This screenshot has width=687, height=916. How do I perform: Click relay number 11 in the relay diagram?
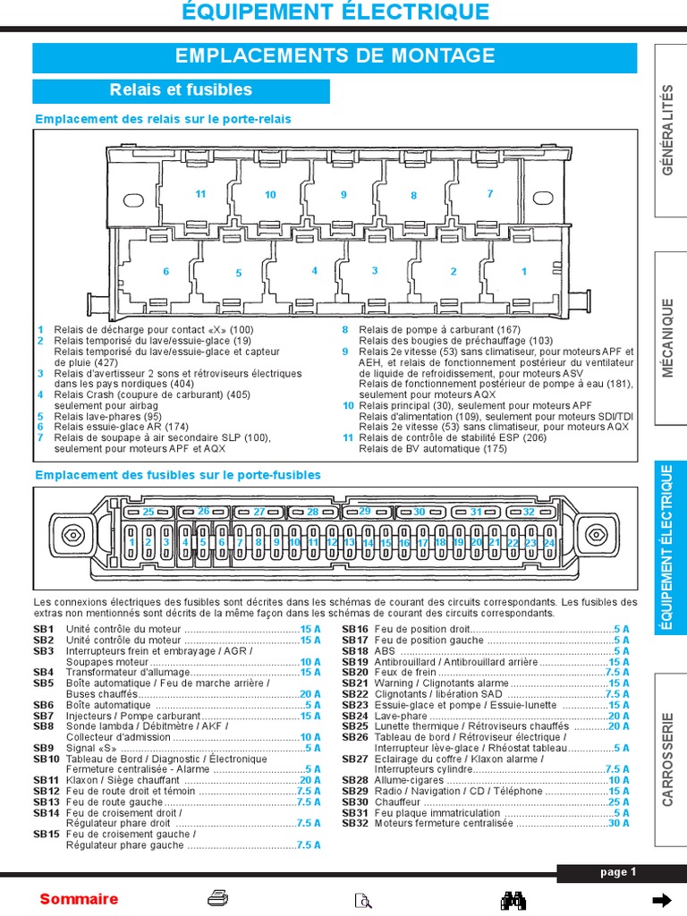pos(200,194)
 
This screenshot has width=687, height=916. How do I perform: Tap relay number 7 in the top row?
pos(489,193)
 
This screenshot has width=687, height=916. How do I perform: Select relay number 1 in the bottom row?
pos(524,271)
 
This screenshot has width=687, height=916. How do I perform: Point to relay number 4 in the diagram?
pos(314,270)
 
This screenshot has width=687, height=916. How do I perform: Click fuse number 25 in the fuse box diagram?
pos(148,512)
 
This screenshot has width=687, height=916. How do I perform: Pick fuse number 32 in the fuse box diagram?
pos(529,512)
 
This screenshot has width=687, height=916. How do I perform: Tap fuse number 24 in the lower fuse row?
pos(548,543)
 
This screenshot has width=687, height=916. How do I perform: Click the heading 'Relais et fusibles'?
pos(181,90)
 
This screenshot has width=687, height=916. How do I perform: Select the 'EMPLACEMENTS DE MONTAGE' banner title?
pos(335,56)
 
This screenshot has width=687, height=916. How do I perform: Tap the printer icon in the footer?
pos(217,898)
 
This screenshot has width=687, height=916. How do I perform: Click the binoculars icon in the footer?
pos(513,899)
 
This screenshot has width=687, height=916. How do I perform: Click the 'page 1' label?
pos(618,872)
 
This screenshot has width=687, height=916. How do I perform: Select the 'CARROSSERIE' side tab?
pos(668,759)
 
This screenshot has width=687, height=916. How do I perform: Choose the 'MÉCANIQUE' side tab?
pos(668,338)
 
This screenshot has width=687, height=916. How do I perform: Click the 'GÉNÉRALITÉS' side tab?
pos(668,140)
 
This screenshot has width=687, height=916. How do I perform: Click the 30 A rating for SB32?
pos(618,823)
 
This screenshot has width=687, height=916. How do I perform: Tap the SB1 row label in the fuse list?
pos(44,630)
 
